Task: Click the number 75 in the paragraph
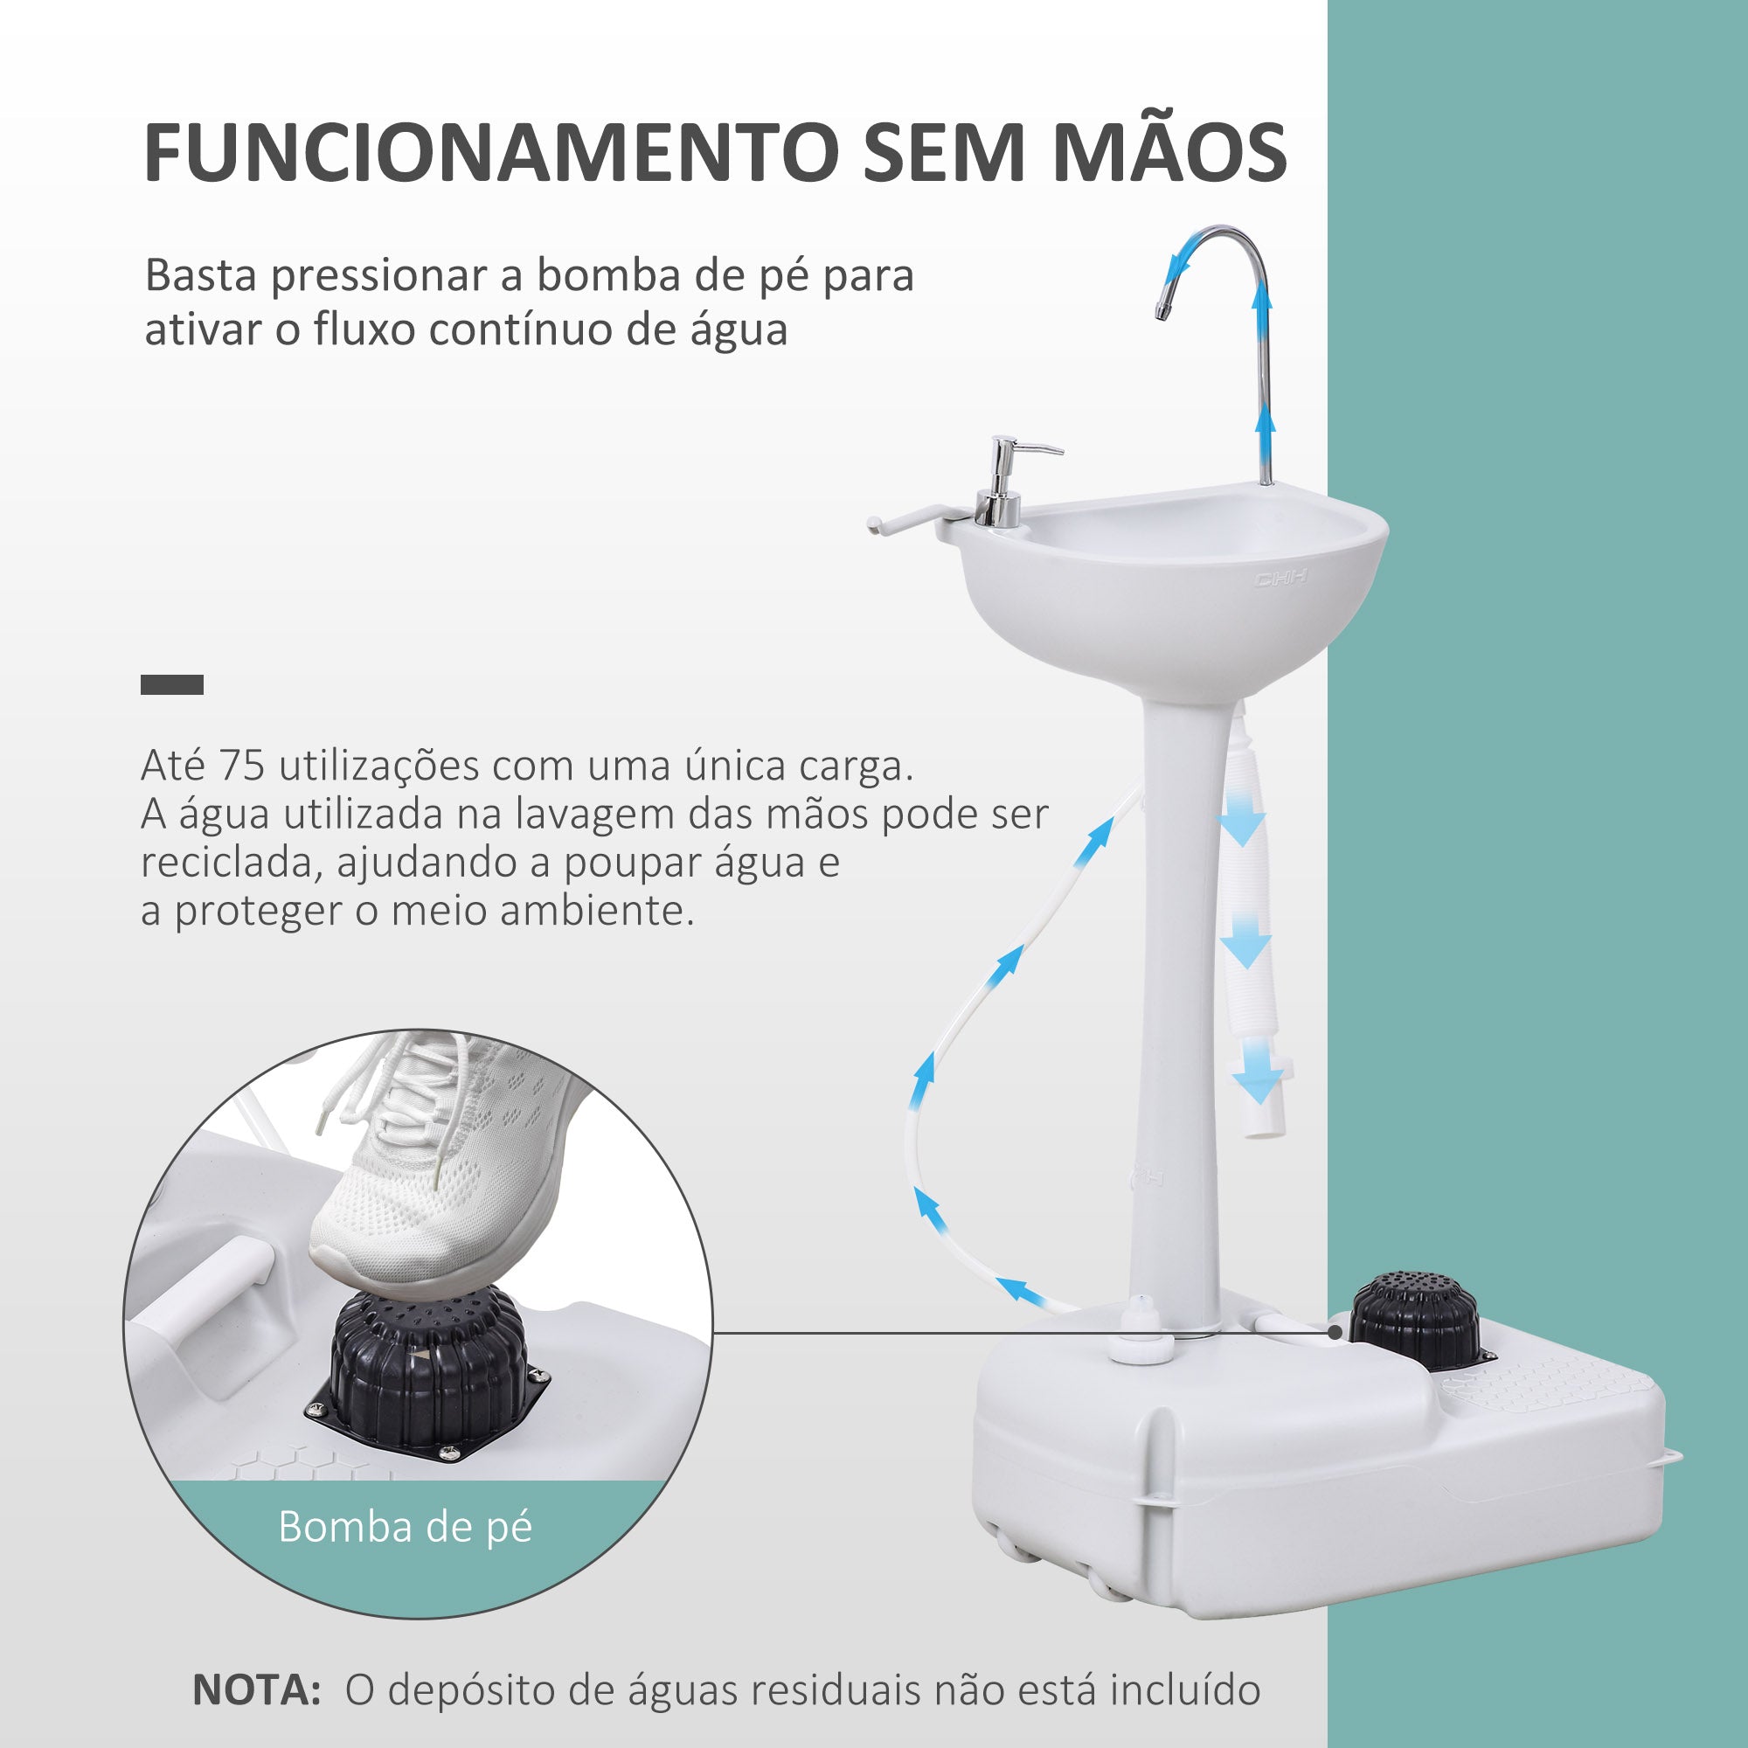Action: pyautogui.click(x=241, y=766)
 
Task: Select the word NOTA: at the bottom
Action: pyautogui.click(x=257, y=1689)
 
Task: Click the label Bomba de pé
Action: pyautogui.click(x=405, y=1526)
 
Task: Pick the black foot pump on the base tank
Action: pyautogui.click(x=1414, y=1321)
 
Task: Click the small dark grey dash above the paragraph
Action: pyautogui.click(x=172, y=685)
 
